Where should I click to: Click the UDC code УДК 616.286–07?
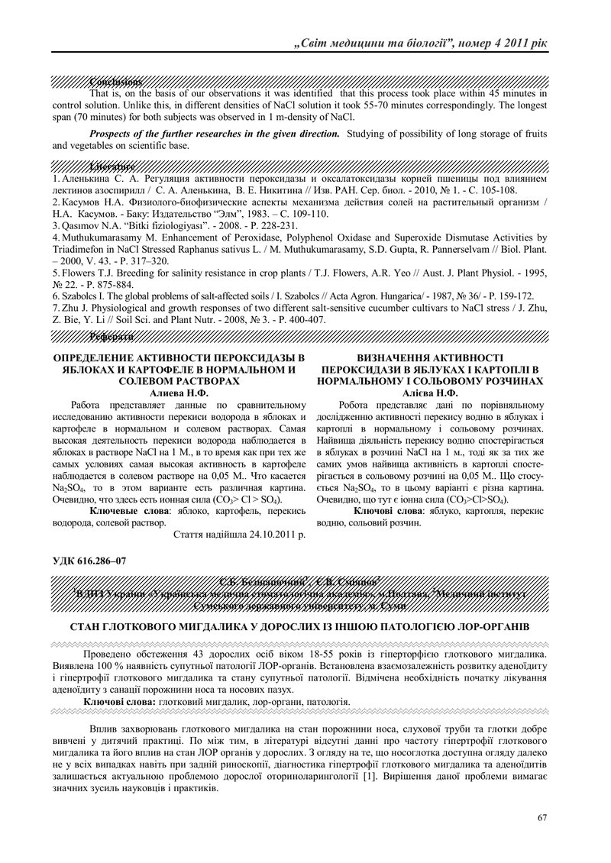[x=89, y=561]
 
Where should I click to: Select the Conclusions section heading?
[x=116, y=81]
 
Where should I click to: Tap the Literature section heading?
[x=112, y=166]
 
